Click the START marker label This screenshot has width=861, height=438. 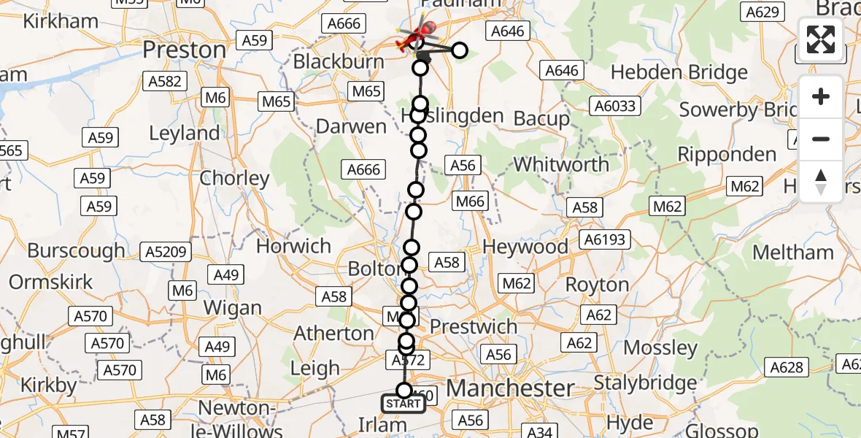click(x=404, y=404)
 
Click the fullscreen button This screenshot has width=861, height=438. click(x=821, y=39)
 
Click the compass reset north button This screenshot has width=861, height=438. click(x=821, y=182)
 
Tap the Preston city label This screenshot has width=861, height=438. click(x=185, y=50)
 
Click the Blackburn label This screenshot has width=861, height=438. click(x=339, y=62)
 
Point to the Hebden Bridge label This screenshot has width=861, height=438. click(x=679, y=72)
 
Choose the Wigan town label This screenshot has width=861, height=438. click(x=232, y=307)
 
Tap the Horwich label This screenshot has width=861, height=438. click(x=293, y=246)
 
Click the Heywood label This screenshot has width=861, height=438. click(x=525, y=247)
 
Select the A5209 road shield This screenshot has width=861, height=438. click(x=168, y=253)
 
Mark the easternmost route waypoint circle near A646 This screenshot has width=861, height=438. click(x=460, y=50)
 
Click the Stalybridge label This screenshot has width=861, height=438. click(x=645, y=383)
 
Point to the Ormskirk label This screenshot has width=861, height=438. click(x=51, y=282)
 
